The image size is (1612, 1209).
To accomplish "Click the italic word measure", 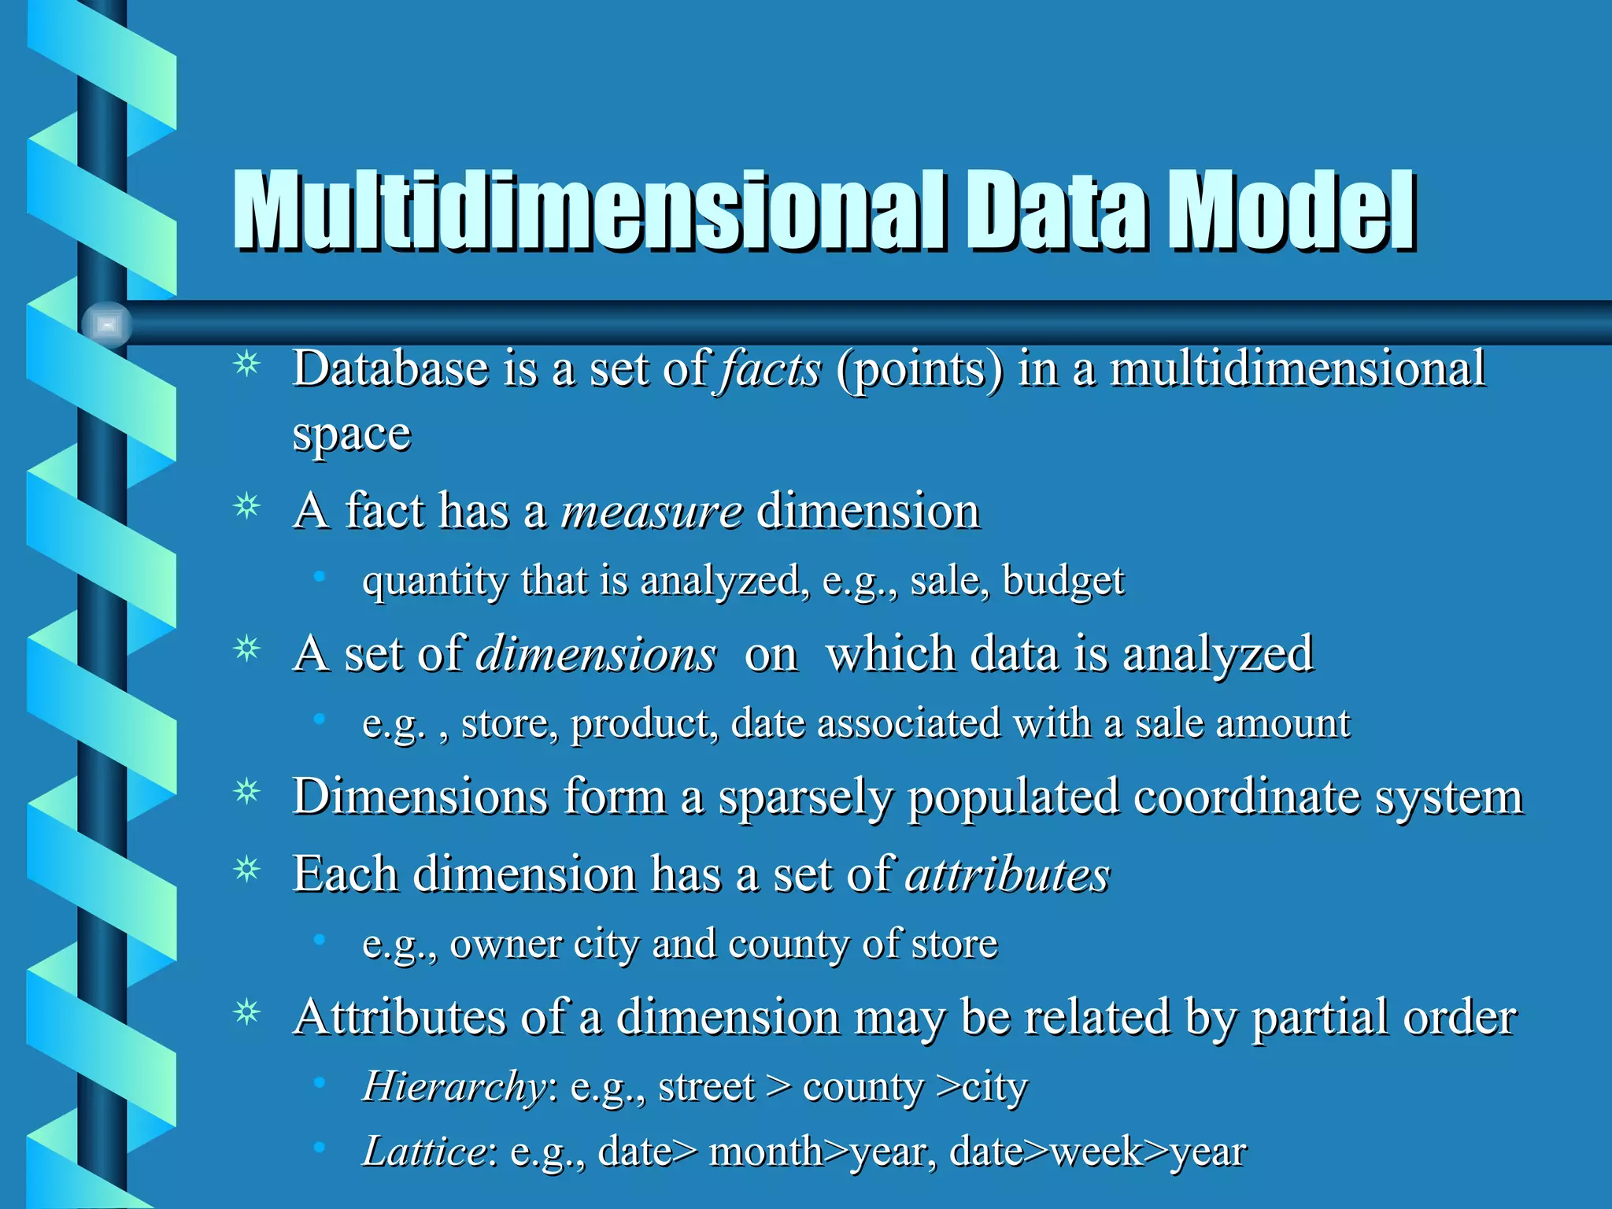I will coord(652,511).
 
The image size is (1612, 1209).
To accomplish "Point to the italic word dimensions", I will coord(597,654).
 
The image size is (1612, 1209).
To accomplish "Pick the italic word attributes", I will coord(1007,874).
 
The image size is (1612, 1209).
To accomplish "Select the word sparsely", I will coord(805,797).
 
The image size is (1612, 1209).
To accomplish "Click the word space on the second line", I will coord(351,434).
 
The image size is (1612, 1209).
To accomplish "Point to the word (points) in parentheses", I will coord(919,368).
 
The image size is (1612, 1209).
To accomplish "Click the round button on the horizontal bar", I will coord(107,324).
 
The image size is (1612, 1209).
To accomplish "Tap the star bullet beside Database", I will coord(247,364).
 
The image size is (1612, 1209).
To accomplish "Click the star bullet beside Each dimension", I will coord(247,870).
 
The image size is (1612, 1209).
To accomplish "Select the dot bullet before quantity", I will coord(319,578).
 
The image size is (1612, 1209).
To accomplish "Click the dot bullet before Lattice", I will coord(319,1148).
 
